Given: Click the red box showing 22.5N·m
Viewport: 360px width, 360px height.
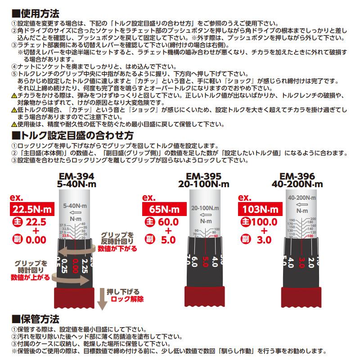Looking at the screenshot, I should pyautogui.click(x=31, y=209).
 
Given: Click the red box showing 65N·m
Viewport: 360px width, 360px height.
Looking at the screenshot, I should pyautogui.click(x=161, y=209).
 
